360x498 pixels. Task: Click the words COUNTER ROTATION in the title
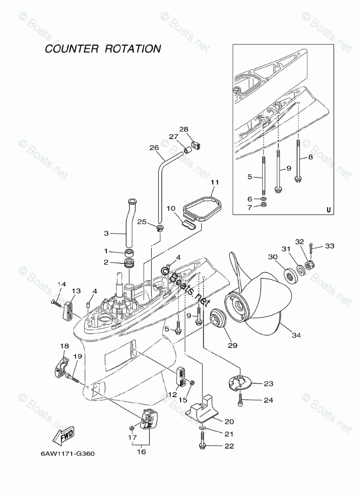coord(103,49)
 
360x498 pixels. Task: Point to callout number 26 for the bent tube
coord(154,148)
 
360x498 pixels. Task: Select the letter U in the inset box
coord(328,211)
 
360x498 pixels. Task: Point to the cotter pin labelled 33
coord(313,247)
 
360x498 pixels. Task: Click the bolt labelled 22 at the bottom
coord(202,446)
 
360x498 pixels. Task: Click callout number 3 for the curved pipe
coord(106,234)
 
